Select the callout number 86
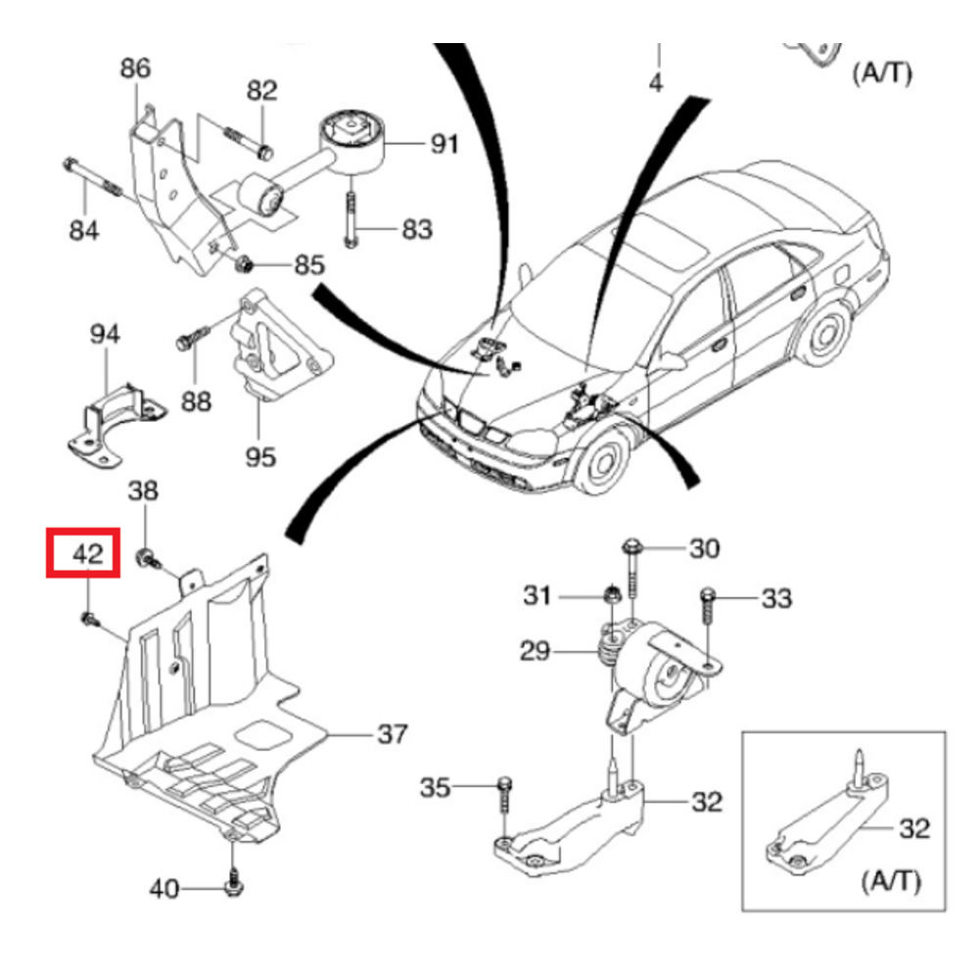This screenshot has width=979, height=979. point(135,69)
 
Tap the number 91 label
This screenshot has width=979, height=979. point(444,144)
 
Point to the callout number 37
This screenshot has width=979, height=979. point(392,733)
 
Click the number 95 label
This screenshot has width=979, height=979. point(260,456)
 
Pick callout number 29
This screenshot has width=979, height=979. point(536,651)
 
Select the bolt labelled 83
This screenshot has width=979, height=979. point(350,220)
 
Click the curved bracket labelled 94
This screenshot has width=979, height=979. point(113,416)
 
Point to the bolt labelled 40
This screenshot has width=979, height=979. point(234,881)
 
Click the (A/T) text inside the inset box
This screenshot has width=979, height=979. point(891,881)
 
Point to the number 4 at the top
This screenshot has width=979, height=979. point(656,84)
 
